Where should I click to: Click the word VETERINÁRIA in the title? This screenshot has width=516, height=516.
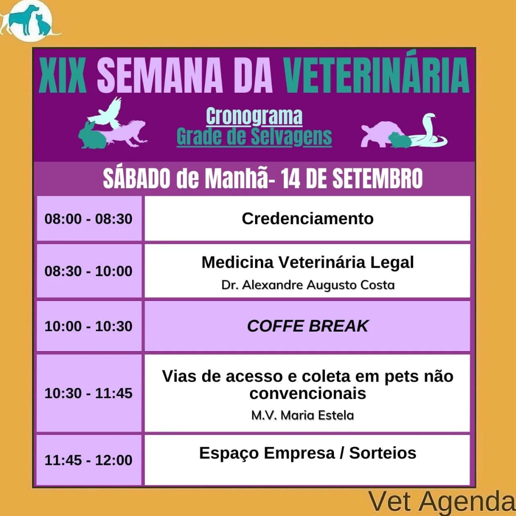(x=376, y=75)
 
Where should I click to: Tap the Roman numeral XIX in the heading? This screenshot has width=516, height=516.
(x=63, y=75)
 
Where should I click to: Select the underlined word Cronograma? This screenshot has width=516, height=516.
(x=254, y=116)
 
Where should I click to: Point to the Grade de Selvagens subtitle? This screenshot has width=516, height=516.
(x=254, y=136)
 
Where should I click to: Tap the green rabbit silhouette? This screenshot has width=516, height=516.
(x=91, y=136)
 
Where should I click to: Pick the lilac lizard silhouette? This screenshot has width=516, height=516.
(x=127, y=133)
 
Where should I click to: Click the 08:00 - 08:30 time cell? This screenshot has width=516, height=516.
(x=89, y=218)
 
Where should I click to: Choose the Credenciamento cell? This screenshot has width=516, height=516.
(x=307, y=218)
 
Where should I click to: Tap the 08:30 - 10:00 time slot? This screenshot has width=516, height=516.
(x=89, y=271)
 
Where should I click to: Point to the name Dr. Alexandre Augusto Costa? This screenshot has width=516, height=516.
(x=308, y=285)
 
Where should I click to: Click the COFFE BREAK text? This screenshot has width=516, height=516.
(x=308, y=326)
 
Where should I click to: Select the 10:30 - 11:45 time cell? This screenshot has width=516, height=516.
(x=89, y=393)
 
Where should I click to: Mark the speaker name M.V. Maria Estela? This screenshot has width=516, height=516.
(x=302, y=415)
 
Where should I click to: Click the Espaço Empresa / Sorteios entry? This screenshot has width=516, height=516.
(x=308, y=453)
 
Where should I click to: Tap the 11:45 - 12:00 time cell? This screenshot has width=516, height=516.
(x=89, y=460)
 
